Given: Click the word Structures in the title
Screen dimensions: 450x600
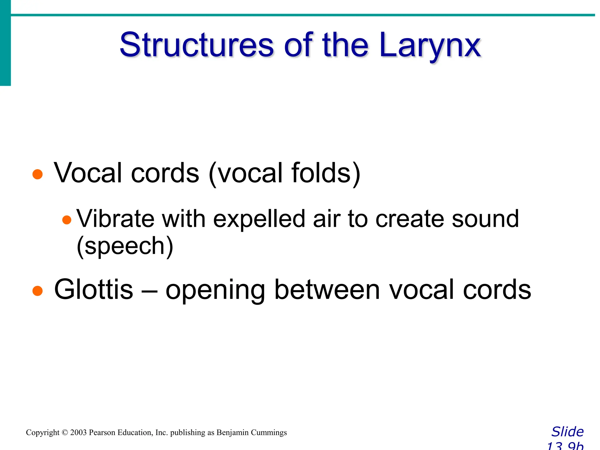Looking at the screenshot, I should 197,45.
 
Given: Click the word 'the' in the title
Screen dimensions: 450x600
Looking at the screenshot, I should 345,45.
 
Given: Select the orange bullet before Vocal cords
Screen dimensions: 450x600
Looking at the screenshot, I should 37,174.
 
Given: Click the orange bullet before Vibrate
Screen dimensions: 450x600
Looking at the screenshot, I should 67,220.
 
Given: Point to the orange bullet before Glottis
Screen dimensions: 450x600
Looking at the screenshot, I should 37,291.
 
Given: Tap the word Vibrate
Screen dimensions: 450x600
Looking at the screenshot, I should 115,219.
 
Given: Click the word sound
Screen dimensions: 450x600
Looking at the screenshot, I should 485,219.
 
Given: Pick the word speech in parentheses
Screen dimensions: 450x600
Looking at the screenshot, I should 125,246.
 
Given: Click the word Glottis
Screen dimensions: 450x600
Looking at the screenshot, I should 93,289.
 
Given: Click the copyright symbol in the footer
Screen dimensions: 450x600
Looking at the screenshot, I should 65,433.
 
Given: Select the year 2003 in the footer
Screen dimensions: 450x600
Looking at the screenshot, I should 78,433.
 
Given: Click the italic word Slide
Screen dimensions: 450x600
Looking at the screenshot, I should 567,432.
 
